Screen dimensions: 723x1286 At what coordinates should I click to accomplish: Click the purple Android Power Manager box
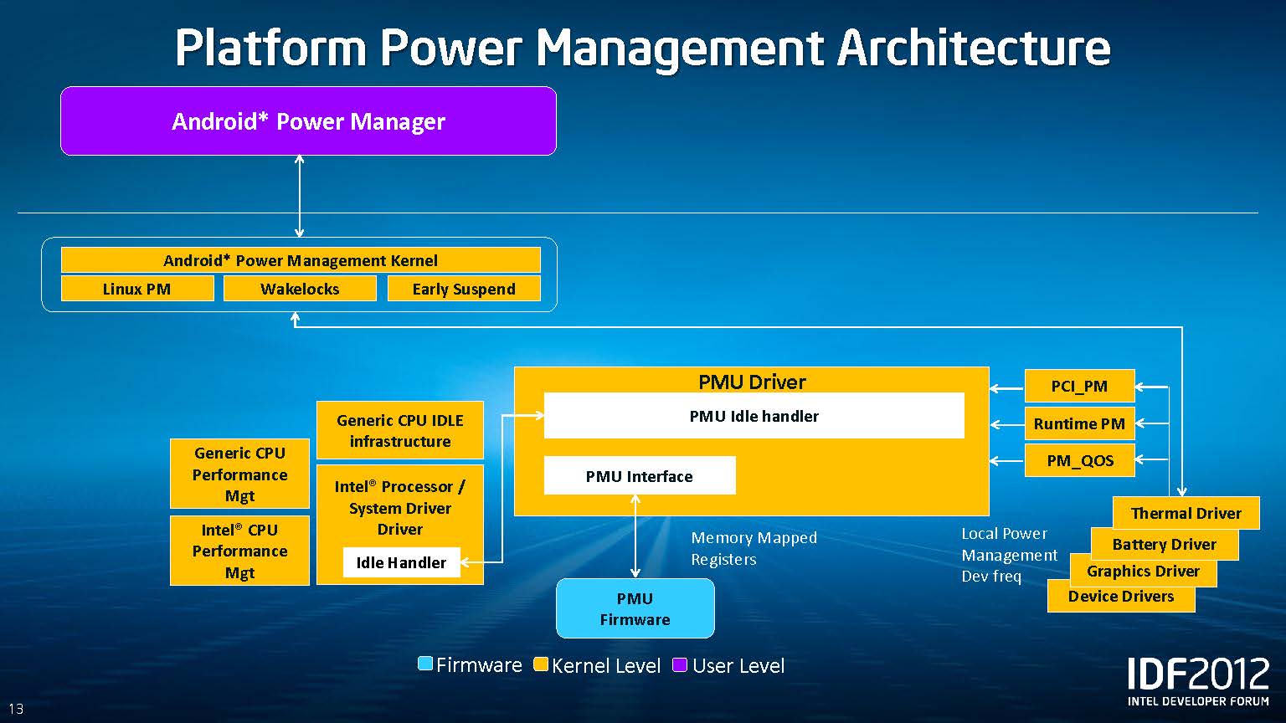pyautogui.click(x=308, y=121)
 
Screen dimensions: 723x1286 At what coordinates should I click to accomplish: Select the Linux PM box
pyautogui.click(x=136, y=289)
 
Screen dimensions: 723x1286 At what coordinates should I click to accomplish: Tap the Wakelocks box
pyautogui.click(x=300, y=289)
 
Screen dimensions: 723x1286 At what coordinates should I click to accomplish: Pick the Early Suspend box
pyautogui.click(x=464, y=289)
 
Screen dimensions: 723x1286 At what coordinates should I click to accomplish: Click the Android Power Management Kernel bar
pyautogui.click(x=301, y=260)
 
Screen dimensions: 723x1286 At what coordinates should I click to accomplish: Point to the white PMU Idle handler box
pyautogui.click(x=754, y=416)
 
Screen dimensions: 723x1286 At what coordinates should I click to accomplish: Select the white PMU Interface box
pyautogui.click(x=640, y=476)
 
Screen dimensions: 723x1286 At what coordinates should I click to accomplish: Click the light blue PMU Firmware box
pyautogui.click(x=635, y=608)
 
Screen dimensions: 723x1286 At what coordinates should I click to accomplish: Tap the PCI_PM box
pyautogui.click(x=1079, y=386)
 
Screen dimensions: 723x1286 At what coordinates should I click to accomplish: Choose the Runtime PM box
pyautogui.click(x=1079, y=423)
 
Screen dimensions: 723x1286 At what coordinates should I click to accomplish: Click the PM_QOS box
pyautogui.click(x=1079, y=460)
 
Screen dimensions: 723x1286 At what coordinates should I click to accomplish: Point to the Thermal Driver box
pyautogui.click(x=1186, y=513)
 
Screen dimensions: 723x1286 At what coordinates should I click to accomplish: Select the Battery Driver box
pyautogui.click(x=1164, y=544)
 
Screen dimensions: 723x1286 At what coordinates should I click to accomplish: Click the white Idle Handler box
pyautogui.click(x=401, y=562)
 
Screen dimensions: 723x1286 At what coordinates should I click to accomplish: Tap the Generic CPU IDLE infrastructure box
pyautogui.click(x=400, y=430)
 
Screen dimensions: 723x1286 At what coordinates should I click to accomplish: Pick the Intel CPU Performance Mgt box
pyautogui.click(x=239, y=551)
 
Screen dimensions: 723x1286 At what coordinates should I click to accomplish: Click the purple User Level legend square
pyautogui.click(x=680, y=665)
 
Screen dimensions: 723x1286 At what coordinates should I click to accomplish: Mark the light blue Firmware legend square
pyautogui.click(x=425, y=664)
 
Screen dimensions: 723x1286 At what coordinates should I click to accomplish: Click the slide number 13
pyautogui.click(x=16, y=709)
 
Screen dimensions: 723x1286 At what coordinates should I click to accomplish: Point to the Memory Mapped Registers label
pyautogui.click(x=754, y=548)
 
